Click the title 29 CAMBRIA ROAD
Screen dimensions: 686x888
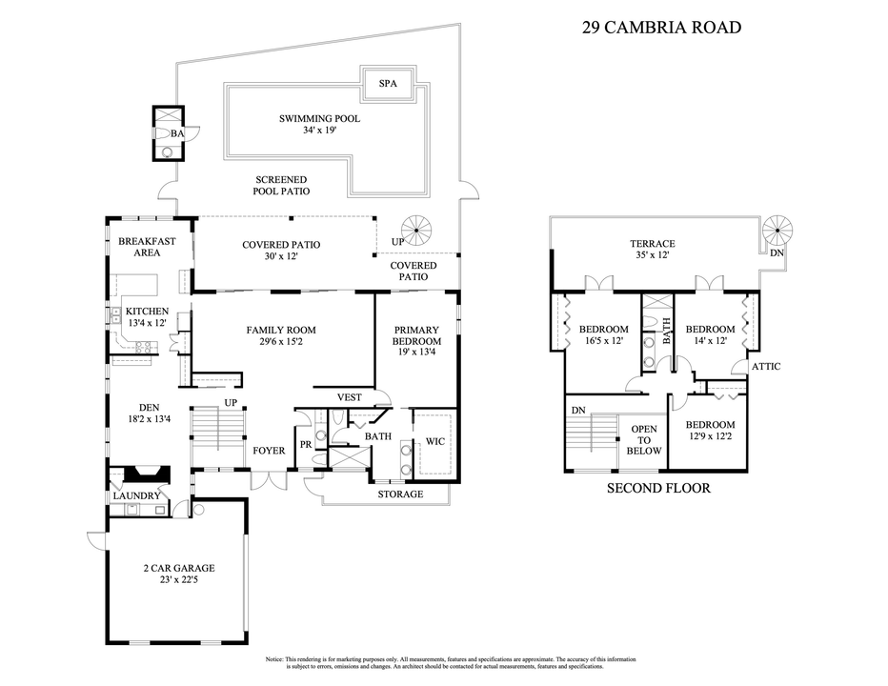click(660, 27)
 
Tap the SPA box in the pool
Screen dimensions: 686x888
click(388, 84)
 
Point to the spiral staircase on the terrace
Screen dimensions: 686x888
click(778, 232)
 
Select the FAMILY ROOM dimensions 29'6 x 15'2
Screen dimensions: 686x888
click(281, 342)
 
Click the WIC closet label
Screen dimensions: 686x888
click(435, 441)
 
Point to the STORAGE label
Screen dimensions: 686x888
click(400, 494)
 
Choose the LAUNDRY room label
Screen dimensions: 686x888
click(136, 495)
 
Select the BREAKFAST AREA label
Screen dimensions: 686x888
click(147, 248)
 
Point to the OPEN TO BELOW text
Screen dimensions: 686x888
click(644, 440)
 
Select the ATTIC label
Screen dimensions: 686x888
click(766, 366)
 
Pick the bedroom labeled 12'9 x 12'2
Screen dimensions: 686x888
click(711, 431)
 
